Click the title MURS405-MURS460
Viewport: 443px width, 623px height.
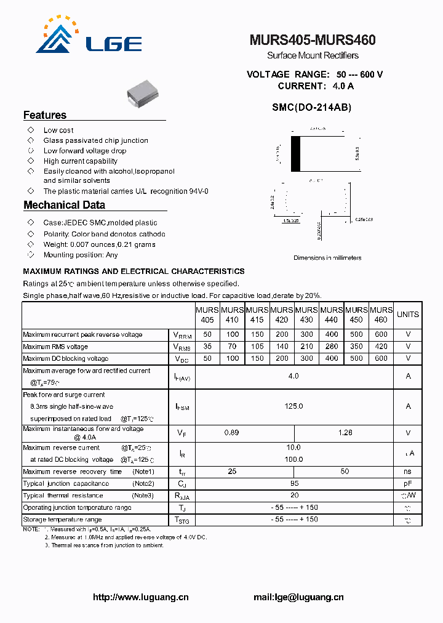tap(313, 40)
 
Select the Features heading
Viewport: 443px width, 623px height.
tap(45, 115)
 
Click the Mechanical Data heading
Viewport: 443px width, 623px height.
tap(64, 205)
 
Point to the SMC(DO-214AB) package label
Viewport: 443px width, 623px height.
tap(312, 107)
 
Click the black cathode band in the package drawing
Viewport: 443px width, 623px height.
tap(295, 154)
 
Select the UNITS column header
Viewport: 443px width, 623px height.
tap(407, 315)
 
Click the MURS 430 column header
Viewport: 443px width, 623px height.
tap(306, 315)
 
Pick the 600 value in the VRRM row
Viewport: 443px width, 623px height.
tap(381, 334)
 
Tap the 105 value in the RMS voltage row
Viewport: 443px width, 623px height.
tap(257, 347)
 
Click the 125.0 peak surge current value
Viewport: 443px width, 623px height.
tap(293, 406)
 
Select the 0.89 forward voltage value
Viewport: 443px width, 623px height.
tap(231, 433)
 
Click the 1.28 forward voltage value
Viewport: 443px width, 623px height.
tap(345, 433)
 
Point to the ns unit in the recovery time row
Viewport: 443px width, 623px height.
tap(407, 472)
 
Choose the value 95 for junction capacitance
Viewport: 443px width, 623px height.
tap(293, 483)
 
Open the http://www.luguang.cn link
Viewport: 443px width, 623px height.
tap(140, 597)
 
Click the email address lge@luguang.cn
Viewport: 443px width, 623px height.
tap(298, 597)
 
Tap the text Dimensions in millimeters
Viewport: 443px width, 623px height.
tap(327, 258)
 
